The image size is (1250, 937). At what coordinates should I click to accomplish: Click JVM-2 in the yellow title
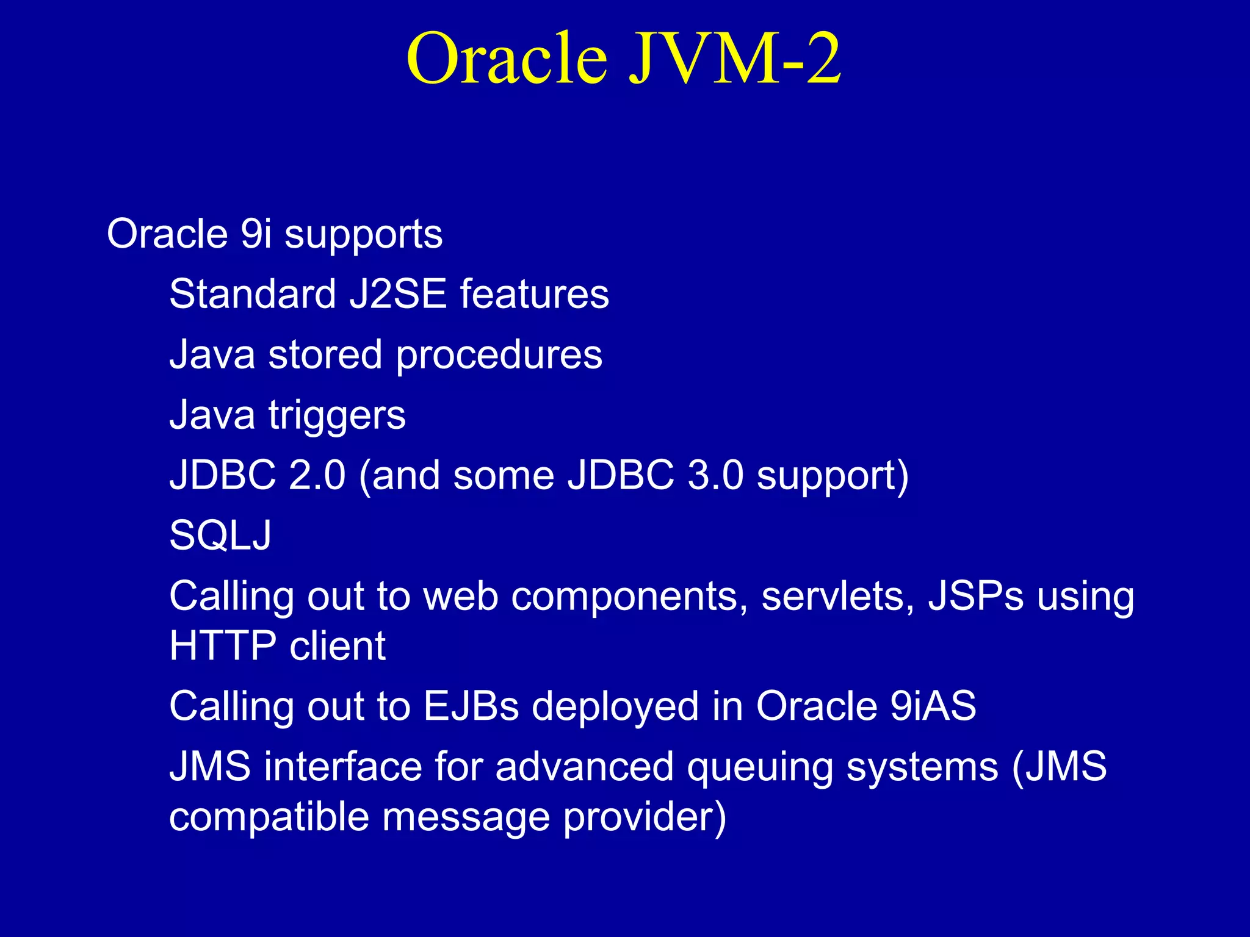pos(735,60)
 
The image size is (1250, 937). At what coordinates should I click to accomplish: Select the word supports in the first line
pos(363,235)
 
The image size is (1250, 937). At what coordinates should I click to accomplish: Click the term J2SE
pos(398,294)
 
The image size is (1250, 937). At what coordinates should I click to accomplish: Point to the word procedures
pos(499,356)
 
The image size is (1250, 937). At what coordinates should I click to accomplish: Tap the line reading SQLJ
pos(220,536)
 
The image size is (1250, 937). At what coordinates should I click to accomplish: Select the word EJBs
pos(471,706)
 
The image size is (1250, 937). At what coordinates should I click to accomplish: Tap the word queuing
pos(760,768)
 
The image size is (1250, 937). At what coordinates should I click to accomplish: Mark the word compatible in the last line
pos(269,817)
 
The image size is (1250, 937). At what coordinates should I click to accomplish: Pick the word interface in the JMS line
pos(342,767)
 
